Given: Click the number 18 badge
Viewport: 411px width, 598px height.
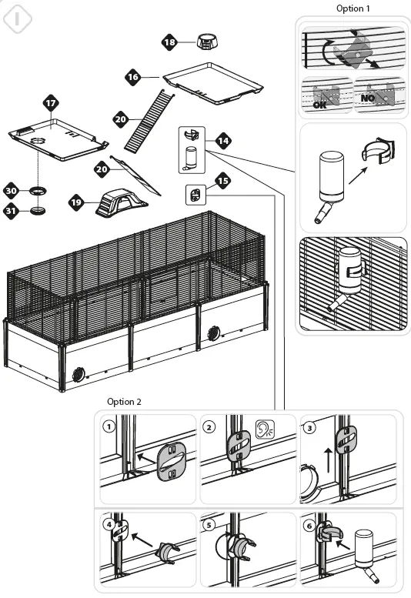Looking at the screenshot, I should (169, 42).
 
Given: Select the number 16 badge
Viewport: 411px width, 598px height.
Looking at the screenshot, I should (133, 77).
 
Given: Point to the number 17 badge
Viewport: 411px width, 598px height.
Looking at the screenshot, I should (51, 102).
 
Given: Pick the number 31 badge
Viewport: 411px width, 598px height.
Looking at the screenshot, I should (12, 209).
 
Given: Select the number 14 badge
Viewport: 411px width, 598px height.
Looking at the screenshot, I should (223, 141).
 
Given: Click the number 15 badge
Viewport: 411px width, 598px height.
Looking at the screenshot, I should (222, 182).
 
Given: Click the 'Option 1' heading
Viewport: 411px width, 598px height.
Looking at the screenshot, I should (353, 8).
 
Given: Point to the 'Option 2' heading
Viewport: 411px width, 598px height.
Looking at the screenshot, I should (124, 402).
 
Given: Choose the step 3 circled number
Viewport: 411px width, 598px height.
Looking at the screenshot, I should (309, 425).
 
